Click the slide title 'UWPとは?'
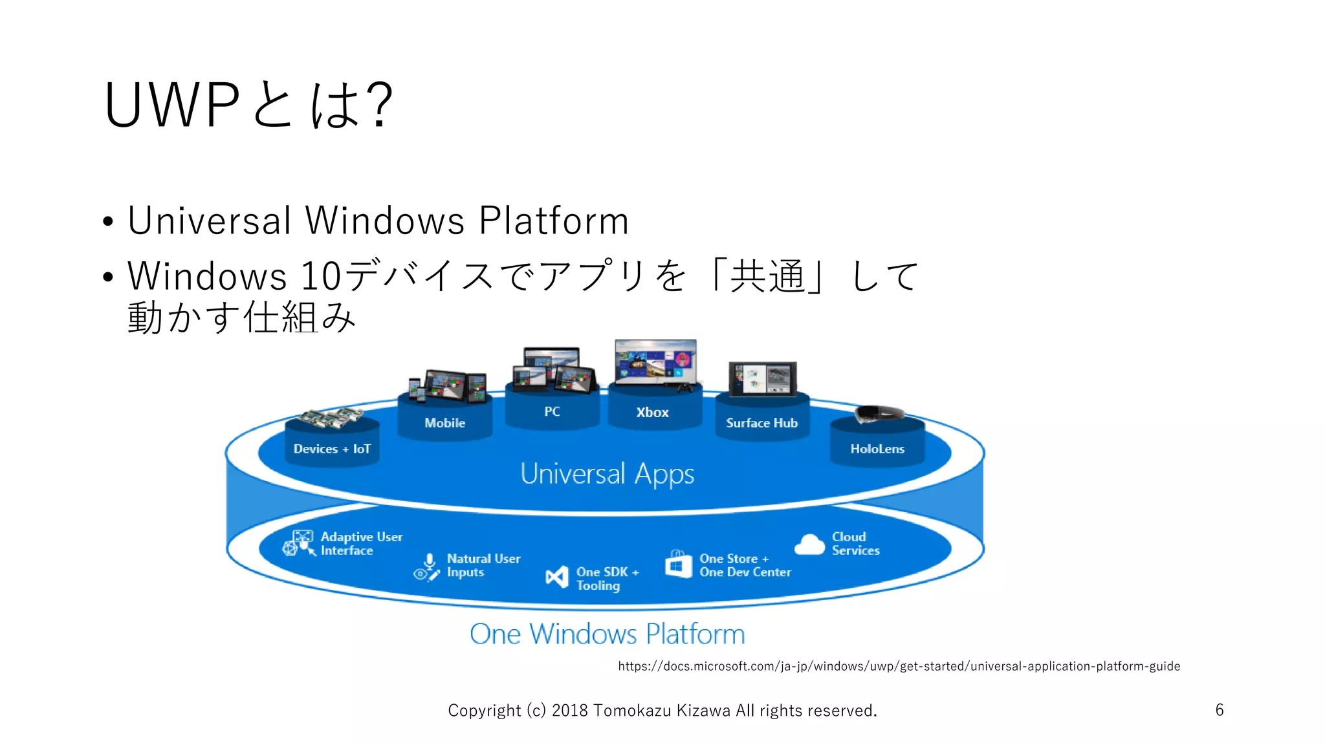click(248, 105)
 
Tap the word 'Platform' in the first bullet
click(554, 221)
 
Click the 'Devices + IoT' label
click(332, 449)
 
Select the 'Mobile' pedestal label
click(444, 423)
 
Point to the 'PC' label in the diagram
click(552, 412)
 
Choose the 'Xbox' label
click(652, 413)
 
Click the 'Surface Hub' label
click(761, 423)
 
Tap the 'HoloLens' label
click(877, 449)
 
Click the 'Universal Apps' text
click(607, 474)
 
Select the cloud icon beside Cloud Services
click(809, 545)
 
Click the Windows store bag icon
click(678, 565)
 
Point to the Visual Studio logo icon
click(556, 577)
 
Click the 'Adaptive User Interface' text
click(361, 543)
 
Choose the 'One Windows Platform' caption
click(607, 634)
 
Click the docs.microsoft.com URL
click(899, 666)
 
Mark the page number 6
click(1219, 710)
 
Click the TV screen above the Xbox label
click(655, 362)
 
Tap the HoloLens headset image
click(878, 413)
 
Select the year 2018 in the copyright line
click(569, 711)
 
